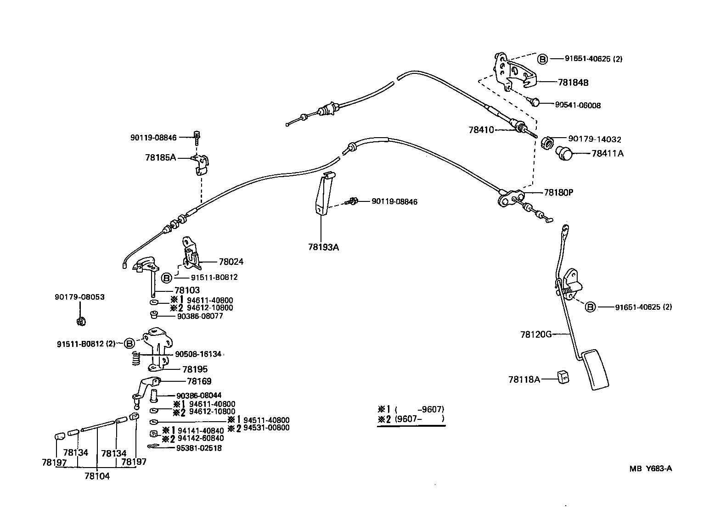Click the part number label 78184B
pos(573,83)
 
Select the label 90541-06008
pos(578,105)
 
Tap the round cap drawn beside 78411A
pos(564,153)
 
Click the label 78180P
pos(558,192)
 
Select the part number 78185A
pos(160,157)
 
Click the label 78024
pos(231,262)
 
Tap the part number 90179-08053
pos(80,297)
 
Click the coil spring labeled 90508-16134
pos(135,358)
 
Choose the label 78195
pos(195,369)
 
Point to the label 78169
pos(199,381)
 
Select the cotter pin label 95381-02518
pos(199,448)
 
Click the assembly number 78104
pos(97,476)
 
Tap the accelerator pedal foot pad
pos(595,369)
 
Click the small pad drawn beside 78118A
pos(563,377)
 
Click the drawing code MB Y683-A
pos(651,468)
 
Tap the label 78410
pos(481,130)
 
